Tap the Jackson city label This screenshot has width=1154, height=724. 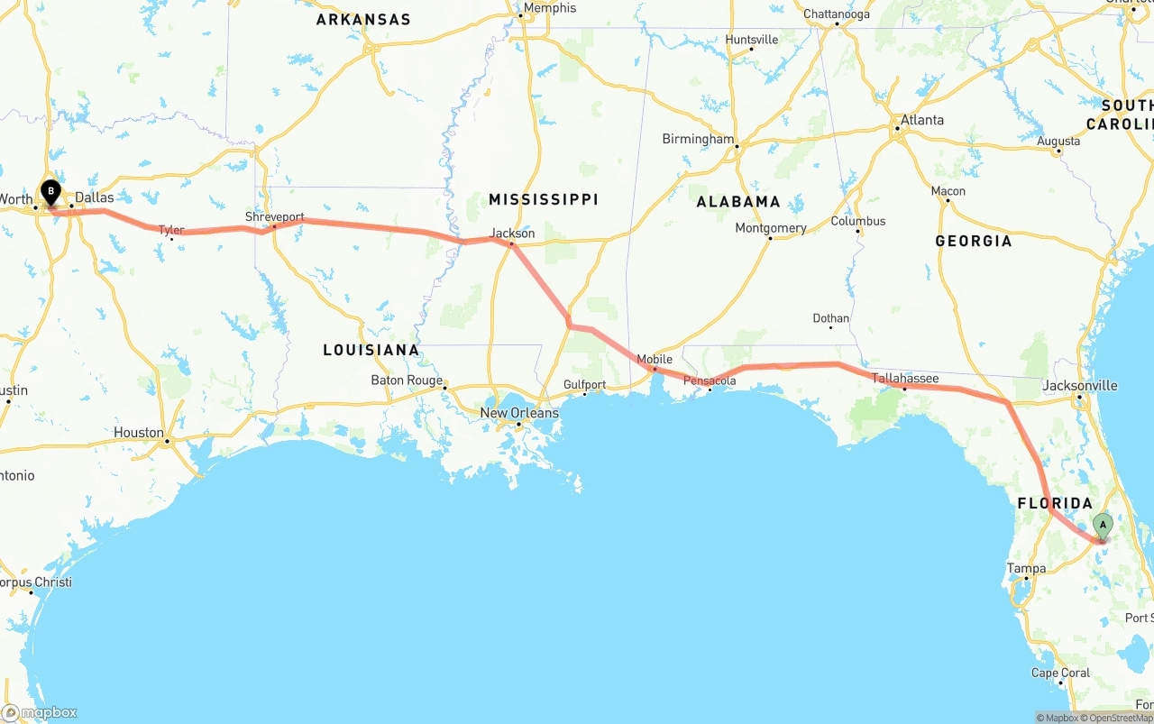pyautogui.click(x=512, y=234)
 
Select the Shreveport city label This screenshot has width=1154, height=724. pyautogui.click(x=274, y=217)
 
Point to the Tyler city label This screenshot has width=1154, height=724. pyautogui.click(x=171, y=230)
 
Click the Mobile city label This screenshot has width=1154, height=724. pyautogui.click(x=655, y=359)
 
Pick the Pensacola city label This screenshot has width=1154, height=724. pyautogui.click(x=710, y=380)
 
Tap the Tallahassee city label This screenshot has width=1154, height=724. pyautogui.click(x=905, y=379)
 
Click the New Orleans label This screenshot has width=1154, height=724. pyautogui.click(x=519, y=413)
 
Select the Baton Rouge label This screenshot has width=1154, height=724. pyautogui.click(x=407, y=380)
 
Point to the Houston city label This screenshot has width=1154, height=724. pyautogui.click(x=139, y=433)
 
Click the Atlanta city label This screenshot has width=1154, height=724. pyautogui.click(x=922, y=120)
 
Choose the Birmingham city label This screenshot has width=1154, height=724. pyautogui.click(x=698, y=139)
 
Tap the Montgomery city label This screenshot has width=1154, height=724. pyautogui.click(x=771, y=228)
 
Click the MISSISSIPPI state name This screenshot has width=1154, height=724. pyautogui.click(x=544, y=199)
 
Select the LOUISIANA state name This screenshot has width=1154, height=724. pyautogui.click(x=371, y=350)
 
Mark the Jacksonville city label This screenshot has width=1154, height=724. pyautogui.click(x=1079, y=386)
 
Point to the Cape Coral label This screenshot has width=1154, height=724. pyautogui.click(x=1060, y=673)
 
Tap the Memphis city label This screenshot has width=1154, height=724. pyautogui.click(x=549, y=8)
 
